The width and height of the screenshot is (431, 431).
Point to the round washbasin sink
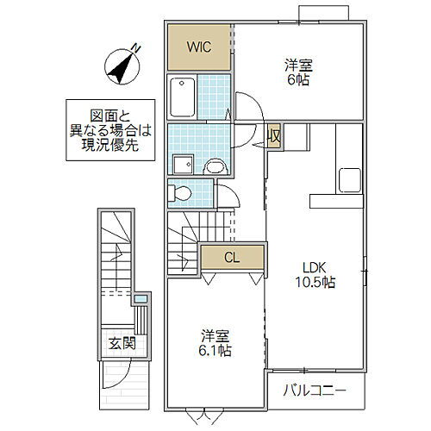pyautogui.click(x=215, y=166)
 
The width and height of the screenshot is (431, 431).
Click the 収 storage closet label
pyautogui.click(x=273, y=136)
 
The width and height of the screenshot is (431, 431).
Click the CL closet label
pyautogui.click(x=232, y=256)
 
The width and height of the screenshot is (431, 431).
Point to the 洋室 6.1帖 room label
pyautogui.click(x=216, y=343)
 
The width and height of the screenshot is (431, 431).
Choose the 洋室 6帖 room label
pyautogui.click(x=299, y=72)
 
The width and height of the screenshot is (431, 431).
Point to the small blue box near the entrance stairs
pyautogui.click(x=141, y=299)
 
